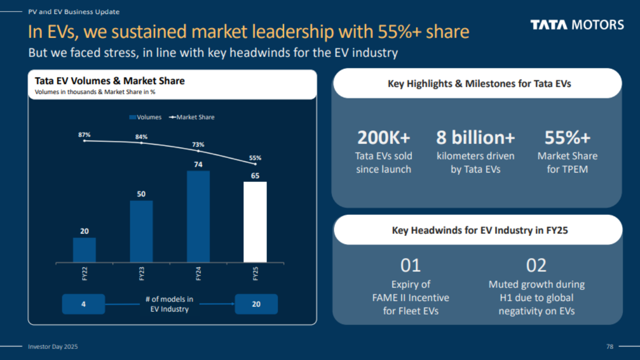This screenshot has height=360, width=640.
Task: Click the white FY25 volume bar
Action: click(x=255, y=222)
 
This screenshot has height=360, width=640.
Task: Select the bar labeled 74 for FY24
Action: click(x=198, y=216)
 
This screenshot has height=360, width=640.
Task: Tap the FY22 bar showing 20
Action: click(x=84, y=250)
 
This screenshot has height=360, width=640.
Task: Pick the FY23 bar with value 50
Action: click(x=141, y=231)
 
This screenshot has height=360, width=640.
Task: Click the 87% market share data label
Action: click(x=84, y=134)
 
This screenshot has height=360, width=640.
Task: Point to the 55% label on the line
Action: click(x=255, y=157)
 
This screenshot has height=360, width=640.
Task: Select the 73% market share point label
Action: click(x=198, y=144)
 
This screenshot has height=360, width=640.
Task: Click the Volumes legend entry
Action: click(x=145, y=117)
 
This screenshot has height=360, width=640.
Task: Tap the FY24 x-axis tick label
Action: click(x=198, y=273)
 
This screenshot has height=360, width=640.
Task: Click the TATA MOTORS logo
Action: click(x=577, y=25)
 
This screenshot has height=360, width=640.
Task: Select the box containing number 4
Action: click(x=83, y=304)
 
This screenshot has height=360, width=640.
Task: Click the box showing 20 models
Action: click(x=256, y=304)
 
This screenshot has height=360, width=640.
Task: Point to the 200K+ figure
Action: click(x=383, y=137)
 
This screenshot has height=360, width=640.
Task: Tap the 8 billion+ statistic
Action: click(x=475, y=137)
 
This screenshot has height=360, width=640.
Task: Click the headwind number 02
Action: click(x=536, y=265)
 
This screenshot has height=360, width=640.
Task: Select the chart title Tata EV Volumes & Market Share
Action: click(x=109, y=81)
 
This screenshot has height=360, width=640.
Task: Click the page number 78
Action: click(x=609, y=346)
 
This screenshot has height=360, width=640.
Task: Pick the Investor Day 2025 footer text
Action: click(x=52, y=346)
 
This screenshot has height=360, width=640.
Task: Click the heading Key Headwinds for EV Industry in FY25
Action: click(x=479, y=230)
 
